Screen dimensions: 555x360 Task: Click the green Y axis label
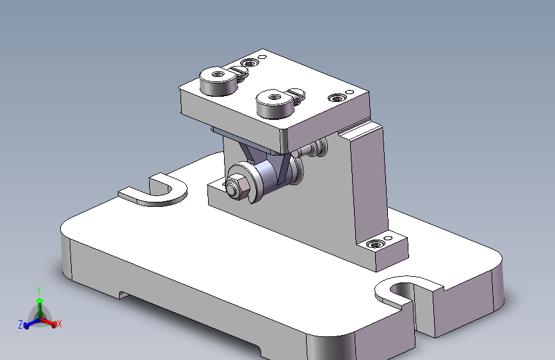tap(39, 291)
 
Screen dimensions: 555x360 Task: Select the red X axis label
tap(59, 323)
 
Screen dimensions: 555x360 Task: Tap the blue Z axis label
tap(20, 324)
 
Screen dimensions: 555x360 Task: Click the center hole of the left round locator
tap(218, 74)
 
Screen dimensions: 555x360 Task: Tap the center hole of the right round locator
tap(275, 97)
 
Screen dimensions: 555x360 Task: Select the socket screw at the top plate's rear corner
tap(250, 63)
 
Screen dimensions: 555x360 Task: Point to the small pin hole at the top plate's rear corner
tap(262, 57)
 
